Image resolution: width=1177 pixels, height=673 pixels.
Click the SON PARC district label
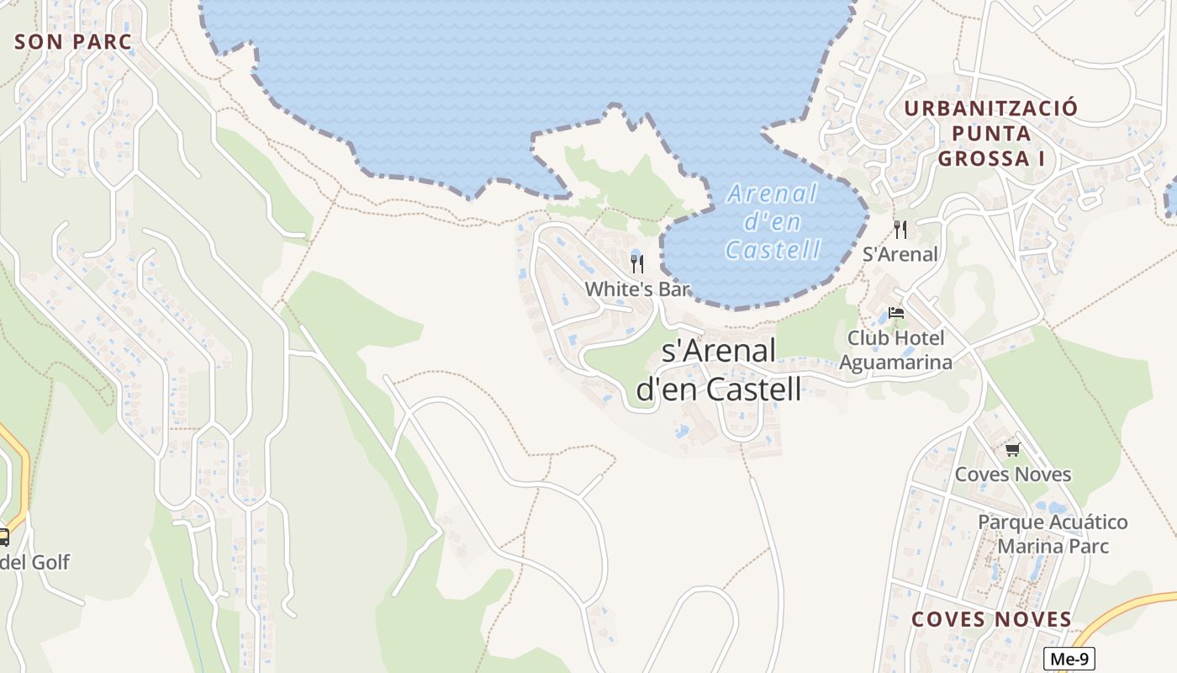tap(74, 42)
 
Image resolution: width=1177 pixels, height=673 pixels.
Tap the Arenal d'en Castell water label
tap(773, 222)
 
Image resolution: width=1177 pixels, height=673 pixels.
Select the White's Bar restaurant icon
tap(637, 264)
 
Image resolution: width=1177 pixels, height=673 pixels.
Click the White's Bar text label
tap(637, 289)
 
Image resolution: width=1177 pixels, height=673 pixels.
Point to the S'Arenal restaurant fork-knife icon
tap(900, 230)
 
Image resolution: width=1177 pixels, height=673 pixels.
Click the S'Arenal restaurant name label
tap(900, 254)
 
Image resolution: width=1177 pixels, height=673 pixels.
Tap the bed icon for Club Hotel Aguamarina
tap(896, 314)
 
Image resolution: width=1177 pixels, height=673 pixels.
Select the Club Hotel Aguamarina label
tap(896, 350)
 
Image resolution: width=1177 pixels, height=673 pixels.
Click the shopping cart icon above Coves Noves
tap(1012, 450)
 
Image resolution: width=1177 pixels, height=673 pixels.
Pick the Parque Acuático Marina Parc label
tap(1053, 534)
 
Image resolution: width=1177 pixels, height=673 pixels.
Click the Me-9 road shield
tap(1069, 660)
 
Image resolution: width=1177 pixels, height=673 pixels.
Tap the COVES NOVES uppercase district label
tap(992, 620)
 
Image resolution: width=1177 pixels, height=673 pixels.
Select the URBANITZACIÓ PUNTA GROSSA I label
tap(990, 133)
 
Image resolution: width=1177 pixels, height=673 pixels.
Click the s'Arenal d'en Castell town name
tap(719, 370)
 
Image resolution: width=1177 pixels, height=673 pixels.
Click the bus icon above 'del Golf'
tap(3, 537)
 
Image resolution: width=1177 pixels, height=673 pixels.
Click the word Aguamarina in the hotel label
tap(896, 363)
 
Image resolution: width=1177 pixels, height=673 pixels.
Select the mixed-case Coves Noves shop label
tap(1013, 474)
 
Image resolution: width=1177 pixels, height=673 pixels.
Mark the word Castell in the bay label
tap(773, 250)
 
